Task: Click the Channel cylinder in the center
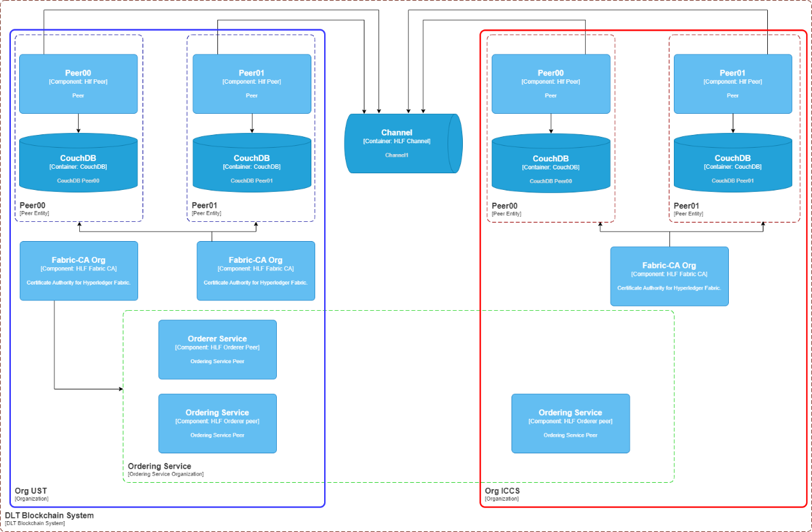(403, 144)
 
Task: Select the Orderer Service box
(217, 350)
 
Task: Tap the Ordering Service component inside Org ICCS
(570, 423)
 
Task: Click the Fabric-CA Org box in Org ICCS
(669, 276)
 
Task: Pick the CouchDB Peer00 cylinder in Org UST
(78, 162)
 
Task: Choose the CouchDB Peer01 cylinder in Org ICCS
(733, 162)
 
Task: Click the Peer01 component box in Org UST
(252, 84)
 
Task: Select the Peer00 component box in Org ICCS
(551, 84)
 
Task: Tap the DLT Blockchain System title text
(49, 515)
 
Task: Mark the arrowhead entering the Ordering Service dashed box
(121, 389)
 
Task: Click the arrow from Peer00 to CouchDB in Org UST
(78, 123)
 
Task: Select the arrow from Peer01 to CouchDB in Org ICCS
(733, 123)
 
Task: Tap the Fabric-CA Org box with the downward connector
(79, 271)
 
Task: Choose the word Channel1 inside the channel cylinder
(396, 155)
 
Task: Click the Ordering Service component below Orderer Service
(217, 423)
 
